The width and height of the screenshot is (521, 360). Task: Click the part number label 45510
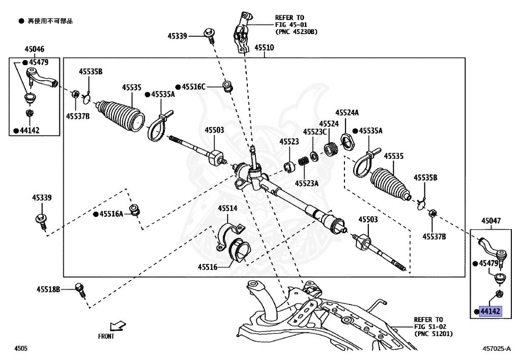(x=264, y=48)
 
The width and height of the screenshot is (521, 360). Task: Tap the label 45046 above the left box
(x=34, y=49)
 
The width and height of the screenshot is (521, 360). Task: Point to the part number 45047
(x=491, y=221)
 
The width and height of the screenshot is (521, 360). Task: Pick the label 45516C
(x=194, y=87)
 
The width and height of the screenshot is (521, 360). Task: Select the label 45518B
(x=48, y=289)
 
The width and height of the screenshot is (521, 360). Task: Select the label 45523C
(x=315, y=132)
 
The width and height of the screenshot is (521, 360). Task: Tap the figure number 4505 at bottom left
(x=20, y=348)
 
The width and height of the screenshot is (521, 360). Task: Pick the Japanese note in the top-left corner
(x=49, y=21)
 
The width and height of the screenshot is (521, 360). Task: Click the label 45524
(x=329, y=124)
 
